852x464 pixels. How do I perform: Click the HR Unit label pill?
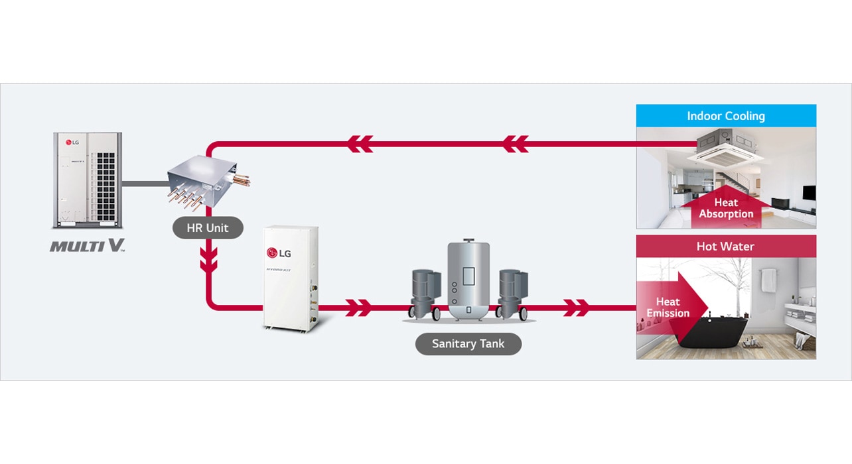[x=208, y=228]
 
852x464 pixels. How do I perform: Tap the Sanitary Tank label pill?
[x=468, y=343]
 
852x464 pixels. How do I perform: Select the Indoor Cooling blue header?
[x=726, y=116]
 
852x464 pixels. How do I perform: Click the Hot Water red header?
[x=725, y=247]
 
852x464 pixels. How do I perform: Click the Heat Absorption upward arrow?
[x=726, y=206]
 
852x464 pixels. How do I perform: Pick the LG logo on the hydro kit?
[x=279, y=253]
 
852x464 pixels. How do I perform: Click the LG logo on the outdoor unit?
[x=70, y=142]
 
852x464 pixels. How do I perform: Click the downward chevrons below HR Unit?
[x=209, y=260]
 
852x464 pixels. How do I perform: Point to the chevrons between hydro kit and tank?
[x=358, y=307]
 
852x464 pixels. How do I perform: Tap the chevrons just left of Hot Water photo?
[x=576, y=307]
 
